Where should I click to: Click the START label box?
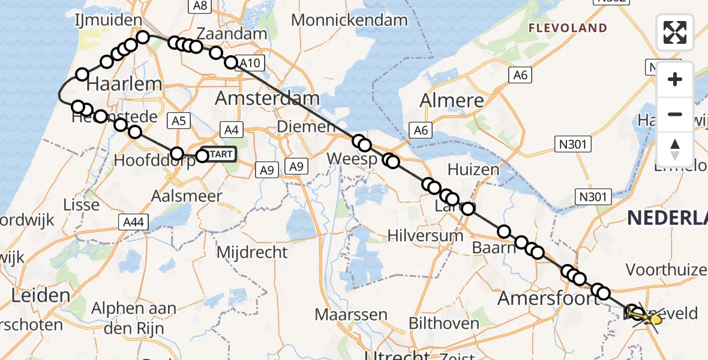point(218,155)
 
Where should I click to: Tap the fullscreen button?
point(675,32)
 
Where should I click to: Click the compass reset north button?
point(675,149)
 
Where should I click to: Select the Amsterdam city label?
point(267,98)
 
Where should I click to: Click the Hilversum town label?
point(425,235)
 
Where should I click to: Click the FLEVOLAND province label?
point(568,28)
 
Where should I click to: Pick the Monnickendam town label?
point(349,20)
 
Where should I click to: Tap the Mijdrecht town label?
point(251,252)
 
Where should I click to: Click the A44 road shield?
point(132,223)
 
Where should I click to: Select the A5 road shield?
point(179,122)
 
